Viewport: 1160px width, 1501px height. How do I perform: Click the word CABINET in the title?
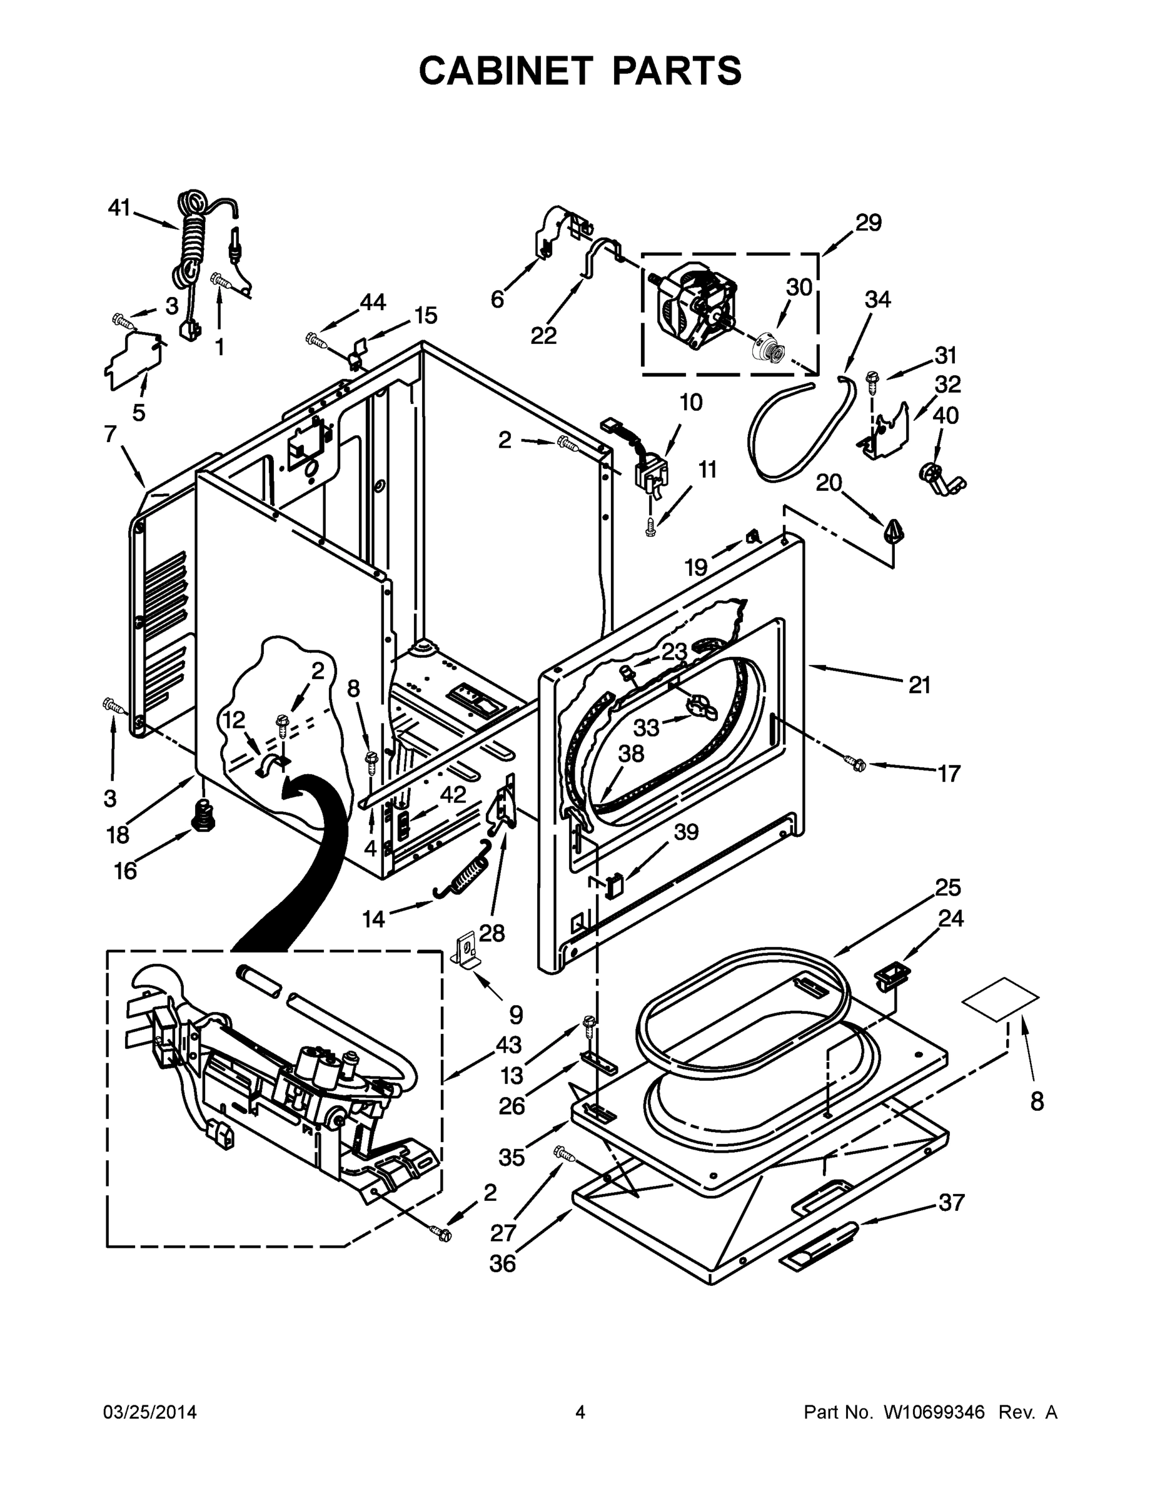505,71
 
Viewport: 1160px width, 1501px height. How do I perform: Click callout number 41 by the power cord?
119,208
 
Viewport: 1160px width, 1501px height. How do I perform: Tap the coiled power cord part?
190,241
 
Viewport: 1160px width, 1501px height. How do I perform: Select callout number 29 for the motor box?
868,223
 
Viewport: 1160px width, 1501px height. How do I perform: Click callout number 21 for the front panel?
919,685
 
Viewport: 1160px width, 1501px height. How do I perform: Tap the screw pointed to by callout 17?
854,762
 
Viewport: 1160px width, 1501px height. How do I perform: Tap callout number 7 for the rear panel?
110,435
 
